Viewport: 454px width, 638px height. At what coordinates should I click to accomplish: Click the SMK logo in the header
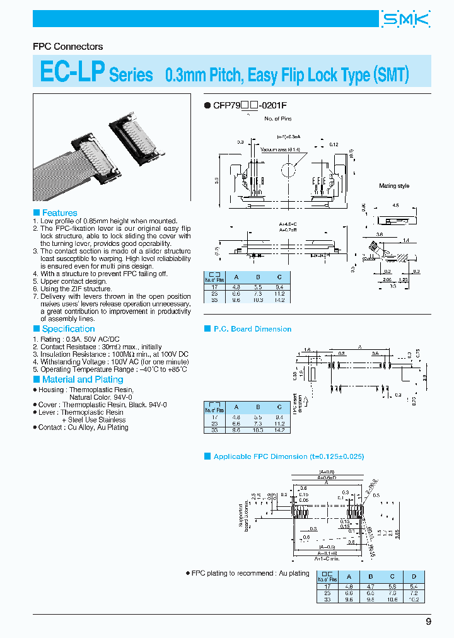tap(405, 20)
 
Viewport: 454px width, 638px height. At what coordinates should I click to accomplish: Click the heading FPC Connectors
tap(67, 47)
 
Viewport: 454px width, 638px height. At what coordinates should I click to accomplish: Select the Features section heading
tap(59, 213)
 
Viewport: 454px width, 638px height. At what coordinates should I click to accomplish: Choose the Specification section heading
tap(68, 329)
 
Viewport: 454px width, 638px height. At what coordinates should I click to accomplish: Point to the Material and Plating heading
tap(82, 380)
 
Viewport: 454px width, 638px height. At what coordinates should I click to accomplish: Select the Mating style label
tap(394, 186)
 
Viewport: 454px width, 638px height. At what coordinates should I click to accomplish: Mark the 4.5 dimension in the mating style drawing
tap(395, 205)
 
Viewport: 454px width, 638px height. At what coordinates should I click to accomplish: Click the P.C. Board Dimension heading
tap(252, 329)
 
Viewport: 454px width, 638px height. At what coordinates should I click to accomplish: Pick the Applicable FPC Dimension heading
tap(289, 456)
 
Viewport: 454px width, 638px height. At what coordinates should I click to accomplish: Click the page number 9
tap(429, 622)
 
